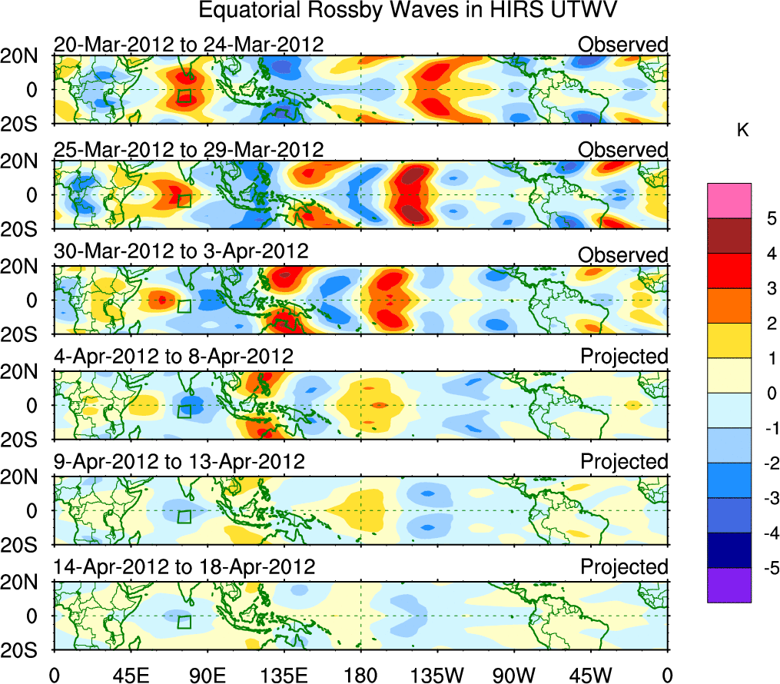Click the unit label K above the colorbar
(x=742, y=131)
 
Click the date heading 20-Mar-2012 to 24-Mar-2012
(x=188, y=45)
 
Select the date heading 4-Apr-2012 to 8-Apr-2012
(x=173, y=357)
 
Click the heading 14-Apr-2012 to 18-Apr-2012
(x=184, y=567)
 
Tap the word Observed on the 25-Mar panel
(x=623, y=149)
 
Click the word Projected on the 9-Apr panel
(x=624, y=462)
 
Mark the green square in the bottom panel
(x=184, y=622)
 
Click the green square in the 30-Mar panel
(x=184, y=306)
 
